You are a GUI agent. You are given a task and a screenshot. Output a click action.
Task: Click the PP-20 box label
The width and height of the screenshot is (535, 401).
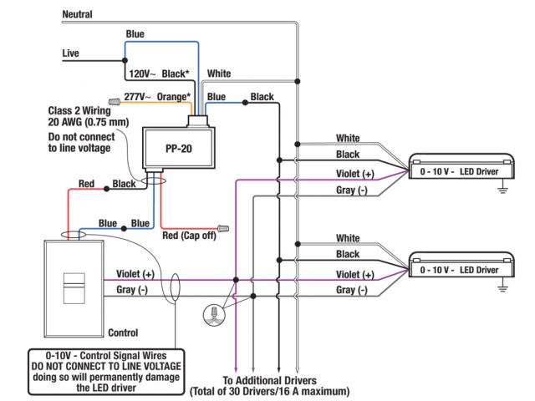click(x=174, y=146)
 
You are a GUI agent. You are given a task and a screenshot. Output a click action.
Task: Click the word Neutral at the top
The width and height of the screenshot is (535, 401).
click(x=77, y=14)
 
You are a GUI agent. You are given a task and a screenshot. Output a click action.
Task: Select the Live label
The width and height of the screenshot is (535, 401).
click(x=71, y=53)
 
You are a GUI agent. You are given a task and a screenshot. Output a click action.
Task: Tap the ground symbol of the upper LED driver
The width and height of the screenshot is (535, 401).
click(x=503, y=191)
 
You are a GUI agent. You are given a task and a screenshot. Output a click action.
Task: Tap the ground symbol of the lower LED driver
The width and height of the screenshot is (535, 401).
click(x=503, y=288)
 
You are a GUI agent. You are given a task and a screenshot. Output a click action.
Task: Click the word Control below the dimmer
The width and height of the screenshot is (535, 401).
click(x=123, y=332)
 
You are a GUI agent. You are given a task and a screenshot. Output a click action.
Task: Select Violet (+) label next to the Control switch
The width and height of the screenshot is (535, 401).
click(x=135, y=274)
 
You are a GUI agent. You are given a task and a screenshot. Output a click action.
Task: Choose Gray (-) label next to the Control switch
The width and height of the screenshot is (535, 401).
click(x=131, y=290)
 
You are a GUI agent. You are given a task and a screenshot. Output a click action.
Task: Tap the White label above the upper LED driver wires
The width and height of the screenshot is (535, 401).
click(x=348, y=138)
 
